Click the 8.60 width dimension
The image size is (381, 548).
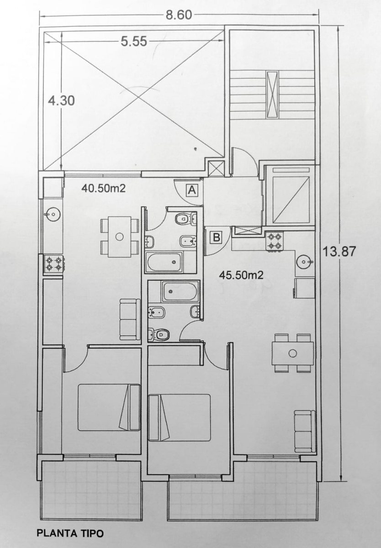coord(179,15)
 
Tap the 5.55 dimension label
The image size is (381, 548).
coord(134,42)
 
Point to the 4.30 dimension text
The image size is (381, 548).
coord(61,100)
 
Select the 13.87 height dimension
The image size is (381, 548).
coord(339,251)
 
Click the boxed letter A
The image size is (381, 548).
coord(192,190)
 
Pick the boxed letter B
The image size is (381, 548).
coord(217,237)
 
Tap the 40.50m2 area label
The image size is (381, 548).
coord(104,188)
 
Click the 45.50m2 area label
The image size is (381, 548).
coord(241,275)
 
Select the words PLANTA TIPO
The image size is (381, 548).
coord(70,533)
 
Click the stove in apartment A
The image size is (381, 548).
coord(54,264)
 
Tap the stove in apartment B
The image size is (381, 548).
coord(275,241)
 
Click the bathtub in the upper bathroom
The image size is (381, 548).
coord(164,262)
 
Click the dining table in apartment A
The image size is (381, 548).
coord(119,237)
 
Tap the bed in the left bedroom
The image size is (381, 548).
coord(109,407)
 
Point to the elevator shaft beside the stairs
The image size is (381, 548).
coord(291,195)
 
